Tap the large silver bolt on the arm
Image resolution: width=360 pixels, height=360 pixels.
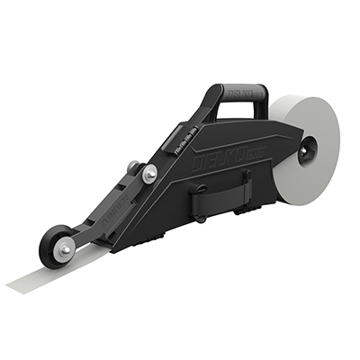tap(149, 172)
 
